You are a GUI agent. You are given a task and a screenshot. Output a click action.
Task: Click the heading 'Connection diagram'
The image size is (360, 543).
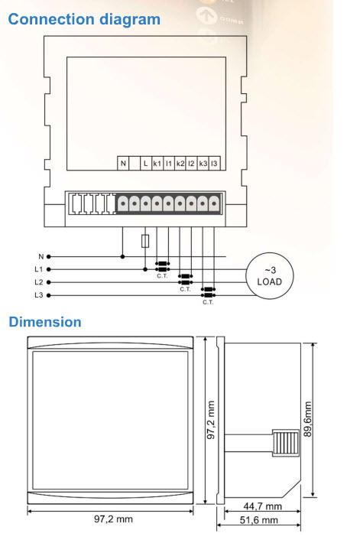[84, 18]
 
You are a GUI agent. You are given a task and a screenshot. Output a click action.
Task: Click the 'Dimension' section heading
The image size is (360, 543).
[44, 322]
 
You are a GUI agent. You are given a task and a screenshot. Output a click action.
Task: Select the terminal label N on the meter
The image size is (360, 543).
[123, 163]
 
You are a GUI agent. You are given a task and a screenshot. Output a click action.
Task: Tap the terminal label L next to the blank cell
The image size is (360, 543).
[145, 163]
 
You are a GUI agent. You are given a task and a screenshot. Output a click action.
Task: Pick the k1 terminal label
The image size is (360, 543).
[157, 163]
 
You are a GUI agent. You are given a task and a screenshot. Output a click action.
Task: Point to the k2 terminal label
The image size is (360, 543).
[180, 163]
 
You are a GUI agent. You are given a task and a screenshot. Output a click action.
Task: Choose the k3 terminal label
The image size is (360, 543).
[203, 163]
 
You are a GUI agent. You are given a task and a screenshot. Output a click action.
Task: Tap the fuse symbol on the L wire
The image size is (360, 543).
[145, 242]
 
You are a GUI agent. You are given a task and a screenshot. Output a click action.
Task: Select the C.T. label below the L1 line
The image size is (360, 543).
[161, 276]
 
